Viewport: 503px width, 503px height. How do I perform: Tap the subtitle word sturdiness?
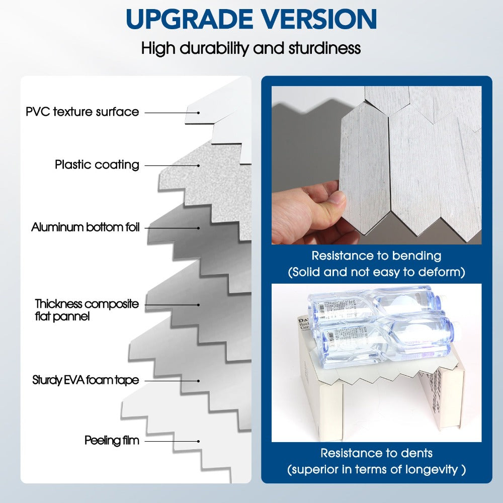[x=324, y=48]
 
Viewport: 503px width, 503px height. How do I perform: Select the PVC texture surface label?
[x=82, y=112]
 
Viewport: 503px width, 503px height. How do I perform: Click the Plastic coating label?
[x=97, y=164]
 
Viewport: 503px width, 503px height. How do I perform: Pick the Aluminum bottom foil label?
[x=85, y=227]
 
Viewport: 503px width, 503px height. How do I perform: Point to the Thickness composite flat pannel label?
[x=87, y=310]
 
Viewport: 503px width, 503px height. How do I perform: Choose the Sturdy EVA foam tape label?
[x=85, y=380]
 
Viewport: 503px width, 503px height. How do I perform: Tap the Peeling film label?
[x=112, y=441]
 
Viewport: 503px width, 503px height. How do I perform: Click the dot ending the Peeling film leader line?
[x=199, y=441]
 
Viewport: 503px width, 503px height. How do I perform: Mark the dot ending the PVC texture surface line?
[x=199, y=113]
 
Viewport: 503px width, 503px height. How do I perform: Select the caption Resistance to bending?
[x=376, y=256]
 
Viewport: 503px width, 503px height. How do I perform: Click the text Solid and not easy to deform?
[x=376, y=273]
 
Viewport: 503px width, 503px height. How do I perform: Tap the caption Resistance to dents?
[x=376, y=453]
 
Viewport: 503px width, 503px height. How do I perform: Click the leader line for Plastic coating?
[x=171, y=165]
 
